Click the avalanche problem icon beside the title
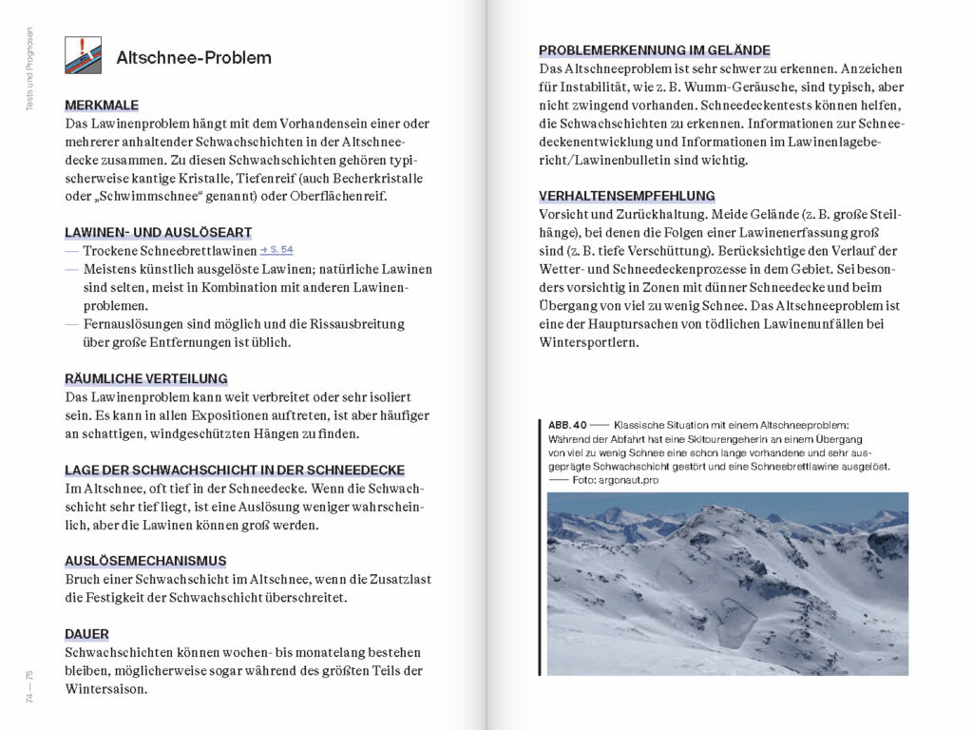(83, 56)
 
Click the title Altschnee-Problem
(194, 58)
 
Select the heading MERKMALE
(102, 106)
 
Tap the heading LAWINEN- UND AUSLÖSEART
(158, 232)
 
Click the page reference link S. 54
(277, 250)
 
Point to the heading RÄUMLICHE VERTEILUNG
(145, 378)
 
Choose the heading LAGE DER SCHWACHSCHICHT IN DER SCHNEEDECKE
(235, 470)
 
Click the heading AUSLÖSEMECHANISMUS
(145, 561)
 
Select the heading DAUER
(86, 634)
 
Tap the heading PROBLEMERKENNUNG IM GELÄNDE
(654, 50)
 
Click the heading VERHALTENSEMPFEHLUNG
(626, 196)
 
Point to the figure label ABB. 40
(567, 425)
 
